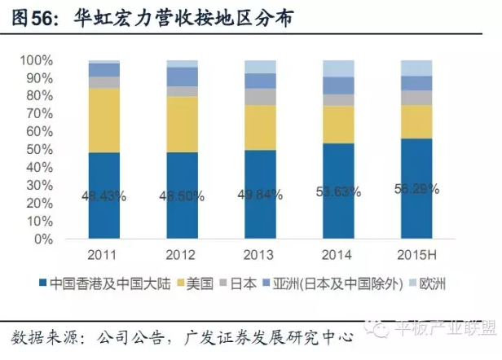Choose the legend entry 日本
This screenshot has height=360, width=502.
[244, 285]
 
